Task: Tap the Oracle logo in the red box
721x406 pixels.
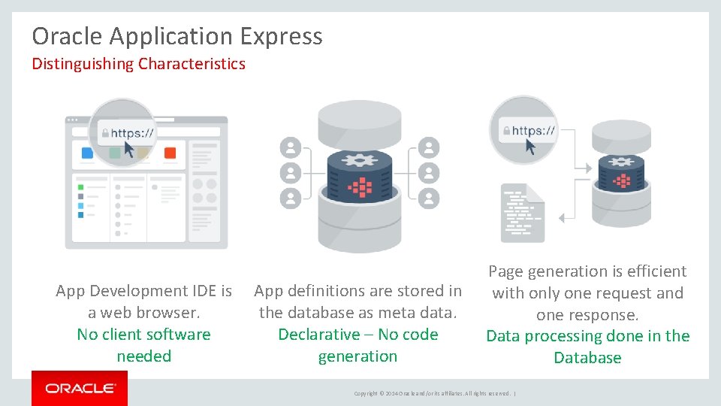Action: point(80,389)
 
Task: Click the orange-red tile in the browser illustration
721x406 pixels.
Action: point(170,153)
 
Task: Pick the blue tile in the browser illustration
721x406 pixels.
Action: point(87,153)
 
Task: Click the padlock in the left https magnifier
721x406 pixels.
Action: point(104,133)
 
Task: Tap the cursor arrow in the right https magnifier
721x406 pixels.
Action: point(531,145)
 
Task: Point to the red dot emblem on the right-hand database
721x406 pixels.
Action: point(622,180)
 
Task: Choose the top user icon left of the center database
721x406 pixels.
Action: point(290,147)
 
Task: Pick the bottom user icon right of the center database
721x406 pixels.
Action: point(428,198)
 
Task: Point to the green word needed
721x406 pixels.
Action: point(143,356)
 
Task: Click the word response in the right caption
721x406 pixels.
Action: point(605,314)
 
